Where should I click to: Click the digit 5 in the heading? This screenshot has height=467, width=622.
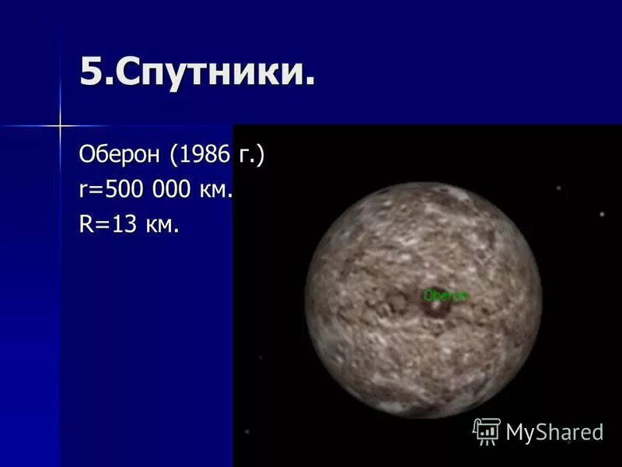tap(90, 74)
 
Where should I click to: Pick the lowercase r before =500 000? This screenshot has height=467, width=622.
tap(83, 191)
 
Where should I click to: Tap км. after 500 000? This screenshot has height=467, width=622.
tap(217, 191)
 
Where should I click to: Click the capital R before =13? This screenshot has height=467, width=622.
tap(86, 225)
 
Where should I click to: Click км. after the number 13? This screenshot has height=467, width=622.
tap(163, 226)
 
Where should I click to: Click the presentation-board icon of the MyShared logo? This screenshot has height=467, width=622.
tap(487, 430)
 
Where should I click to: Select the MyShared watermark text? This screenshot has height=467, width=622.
tap(554, 432)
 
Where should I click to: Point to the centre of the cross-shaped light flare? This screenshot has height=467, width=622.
tap(59, 125)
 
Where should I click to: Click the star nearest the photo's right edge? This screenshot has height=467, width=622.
tap(602, 214)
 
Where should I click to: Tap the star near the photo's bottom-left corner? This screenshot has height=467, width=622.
tap(247, 431)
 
